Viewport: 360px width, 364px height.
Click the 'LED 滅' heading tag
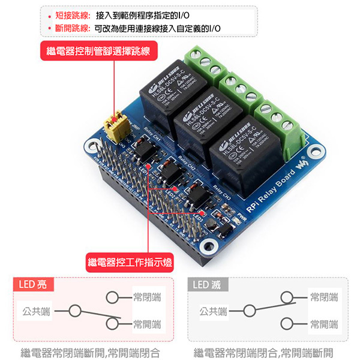coord(207,284)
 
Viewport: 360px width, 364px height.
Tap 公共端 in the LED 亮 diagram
coord(37,311)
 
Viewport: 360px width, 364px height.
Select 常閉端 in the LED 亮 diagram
coord(147,297)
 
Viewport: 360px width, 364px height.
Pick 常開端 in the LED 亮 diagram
coord(147,324)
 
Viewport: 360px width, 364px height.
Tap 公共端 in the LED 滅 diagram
coord(213,311)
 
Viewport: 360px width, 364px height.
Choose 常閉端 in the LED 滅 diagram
coord(324,297)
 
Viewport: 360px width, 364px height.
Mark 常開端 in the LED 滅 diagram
coord(324,324)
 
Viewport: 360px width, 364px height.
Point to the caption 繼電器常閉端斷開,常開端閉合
coord(90,353)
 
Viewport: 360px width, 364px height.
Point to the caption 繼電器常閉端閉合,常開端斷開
coord(264,353)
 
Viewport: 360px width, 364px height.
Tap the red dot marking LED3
coord(205,213)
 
